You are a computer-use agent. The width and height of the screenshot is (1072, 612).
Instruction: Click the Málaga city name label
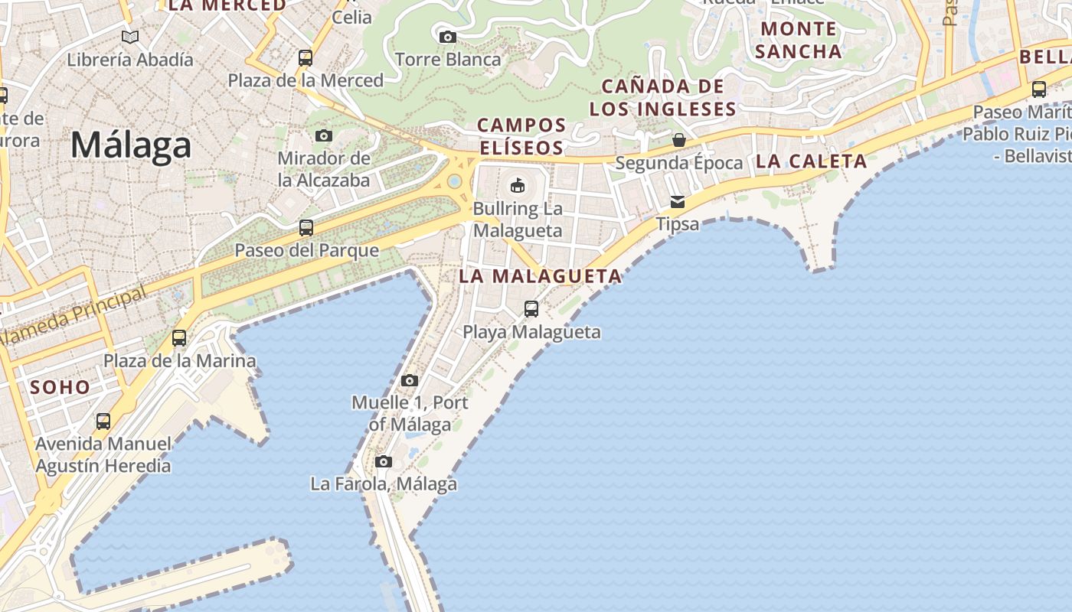coord(130,145)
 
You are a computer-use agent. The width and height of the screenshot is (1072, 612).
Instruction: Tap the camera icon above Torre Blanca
coord(447,37)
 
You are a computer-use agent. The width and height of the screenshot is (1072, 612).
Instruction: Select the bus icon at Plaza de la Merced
coord(305,57)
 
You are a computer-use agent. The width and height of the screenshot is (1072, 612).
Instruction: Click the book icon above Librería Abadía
coord(130,37)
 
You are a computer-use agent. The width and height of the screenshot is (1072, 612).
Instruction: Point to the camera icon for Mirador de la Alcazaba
coord(324,136)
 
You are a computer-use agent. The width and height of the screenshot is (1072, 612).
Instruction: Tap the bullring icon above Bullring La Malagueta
coord(518,185)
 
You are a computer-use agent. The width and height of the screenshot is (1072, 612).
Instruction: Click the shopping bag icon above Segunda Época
coord(678,140)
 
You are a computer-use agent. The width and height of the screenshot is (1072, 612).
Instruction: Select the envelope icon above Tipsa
coord(678,202)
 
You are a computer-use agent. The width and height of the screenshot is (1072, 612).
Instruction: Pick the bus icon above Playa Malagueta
coord(531,309)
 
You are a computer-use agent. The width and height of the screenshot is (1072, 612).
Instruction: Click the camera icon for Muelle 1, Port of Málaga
coord(410,380)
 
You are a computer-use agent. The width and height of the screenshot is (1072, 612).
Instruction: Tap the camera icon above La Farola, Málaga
coord(384,461)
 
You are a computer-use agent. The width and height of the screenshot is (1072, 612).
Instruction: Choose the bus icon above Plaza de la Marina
coord(179,337)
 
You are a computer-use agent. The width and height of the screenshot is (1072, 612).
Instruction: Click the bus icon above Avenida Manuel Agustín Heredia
coord(103,421)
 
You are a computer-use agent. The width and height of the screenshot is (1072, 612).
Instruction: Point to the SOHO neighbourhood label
coord(60,387)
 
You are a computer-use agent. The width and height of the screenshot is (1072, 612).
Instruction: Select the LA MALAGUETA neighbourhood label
coord(540,276)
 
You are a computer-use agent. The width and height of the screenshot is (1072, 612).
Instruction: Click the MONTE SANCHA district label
coord(798,41)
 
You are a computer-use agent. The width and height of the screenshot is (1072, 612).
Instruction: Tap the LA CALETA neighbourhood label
coord(811,161)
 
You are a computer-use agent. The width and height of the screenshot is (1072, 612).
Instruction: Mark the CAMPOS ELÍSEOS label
coord(521,136)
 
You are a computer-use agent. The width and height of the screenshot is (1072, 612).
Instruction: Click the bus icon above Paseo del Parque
coord(306,227)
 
